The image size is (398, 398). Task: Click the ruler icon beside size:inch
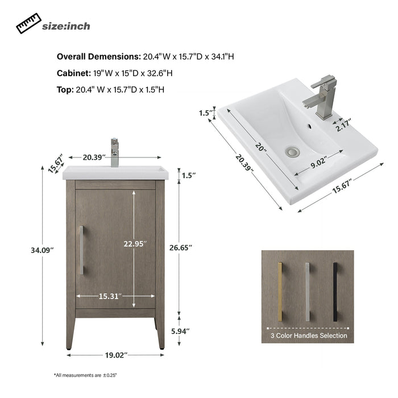pyautogui.click(x=28, y=23)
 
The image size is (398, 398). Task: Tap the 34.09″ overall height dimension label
pyautogui.click(x=43, y=250)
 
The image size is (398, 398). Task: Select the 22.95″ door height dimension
pyautogui.click(x=135, y=244)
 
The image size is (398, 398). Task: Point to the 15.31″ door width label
pyautogui.click(x=110, y=296)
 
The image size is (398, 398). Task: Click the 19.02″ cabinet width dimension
pyautogui.click(x=116, y=355)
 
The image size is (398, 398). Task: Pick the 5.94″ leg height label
pyautogui.click(x=180, y=331)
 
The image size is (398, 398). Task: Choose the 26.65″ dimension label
pyautogui.click(x=181, y=247)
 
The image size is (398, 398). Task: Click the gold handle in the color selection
pyautogui.click(x=280, y=292)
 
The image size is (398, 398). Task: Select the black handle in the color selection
pyautogui.click(x=335, y=292)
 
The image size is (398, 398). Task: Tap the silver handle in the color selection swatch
pyautogui.click(x=308, y=292)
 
